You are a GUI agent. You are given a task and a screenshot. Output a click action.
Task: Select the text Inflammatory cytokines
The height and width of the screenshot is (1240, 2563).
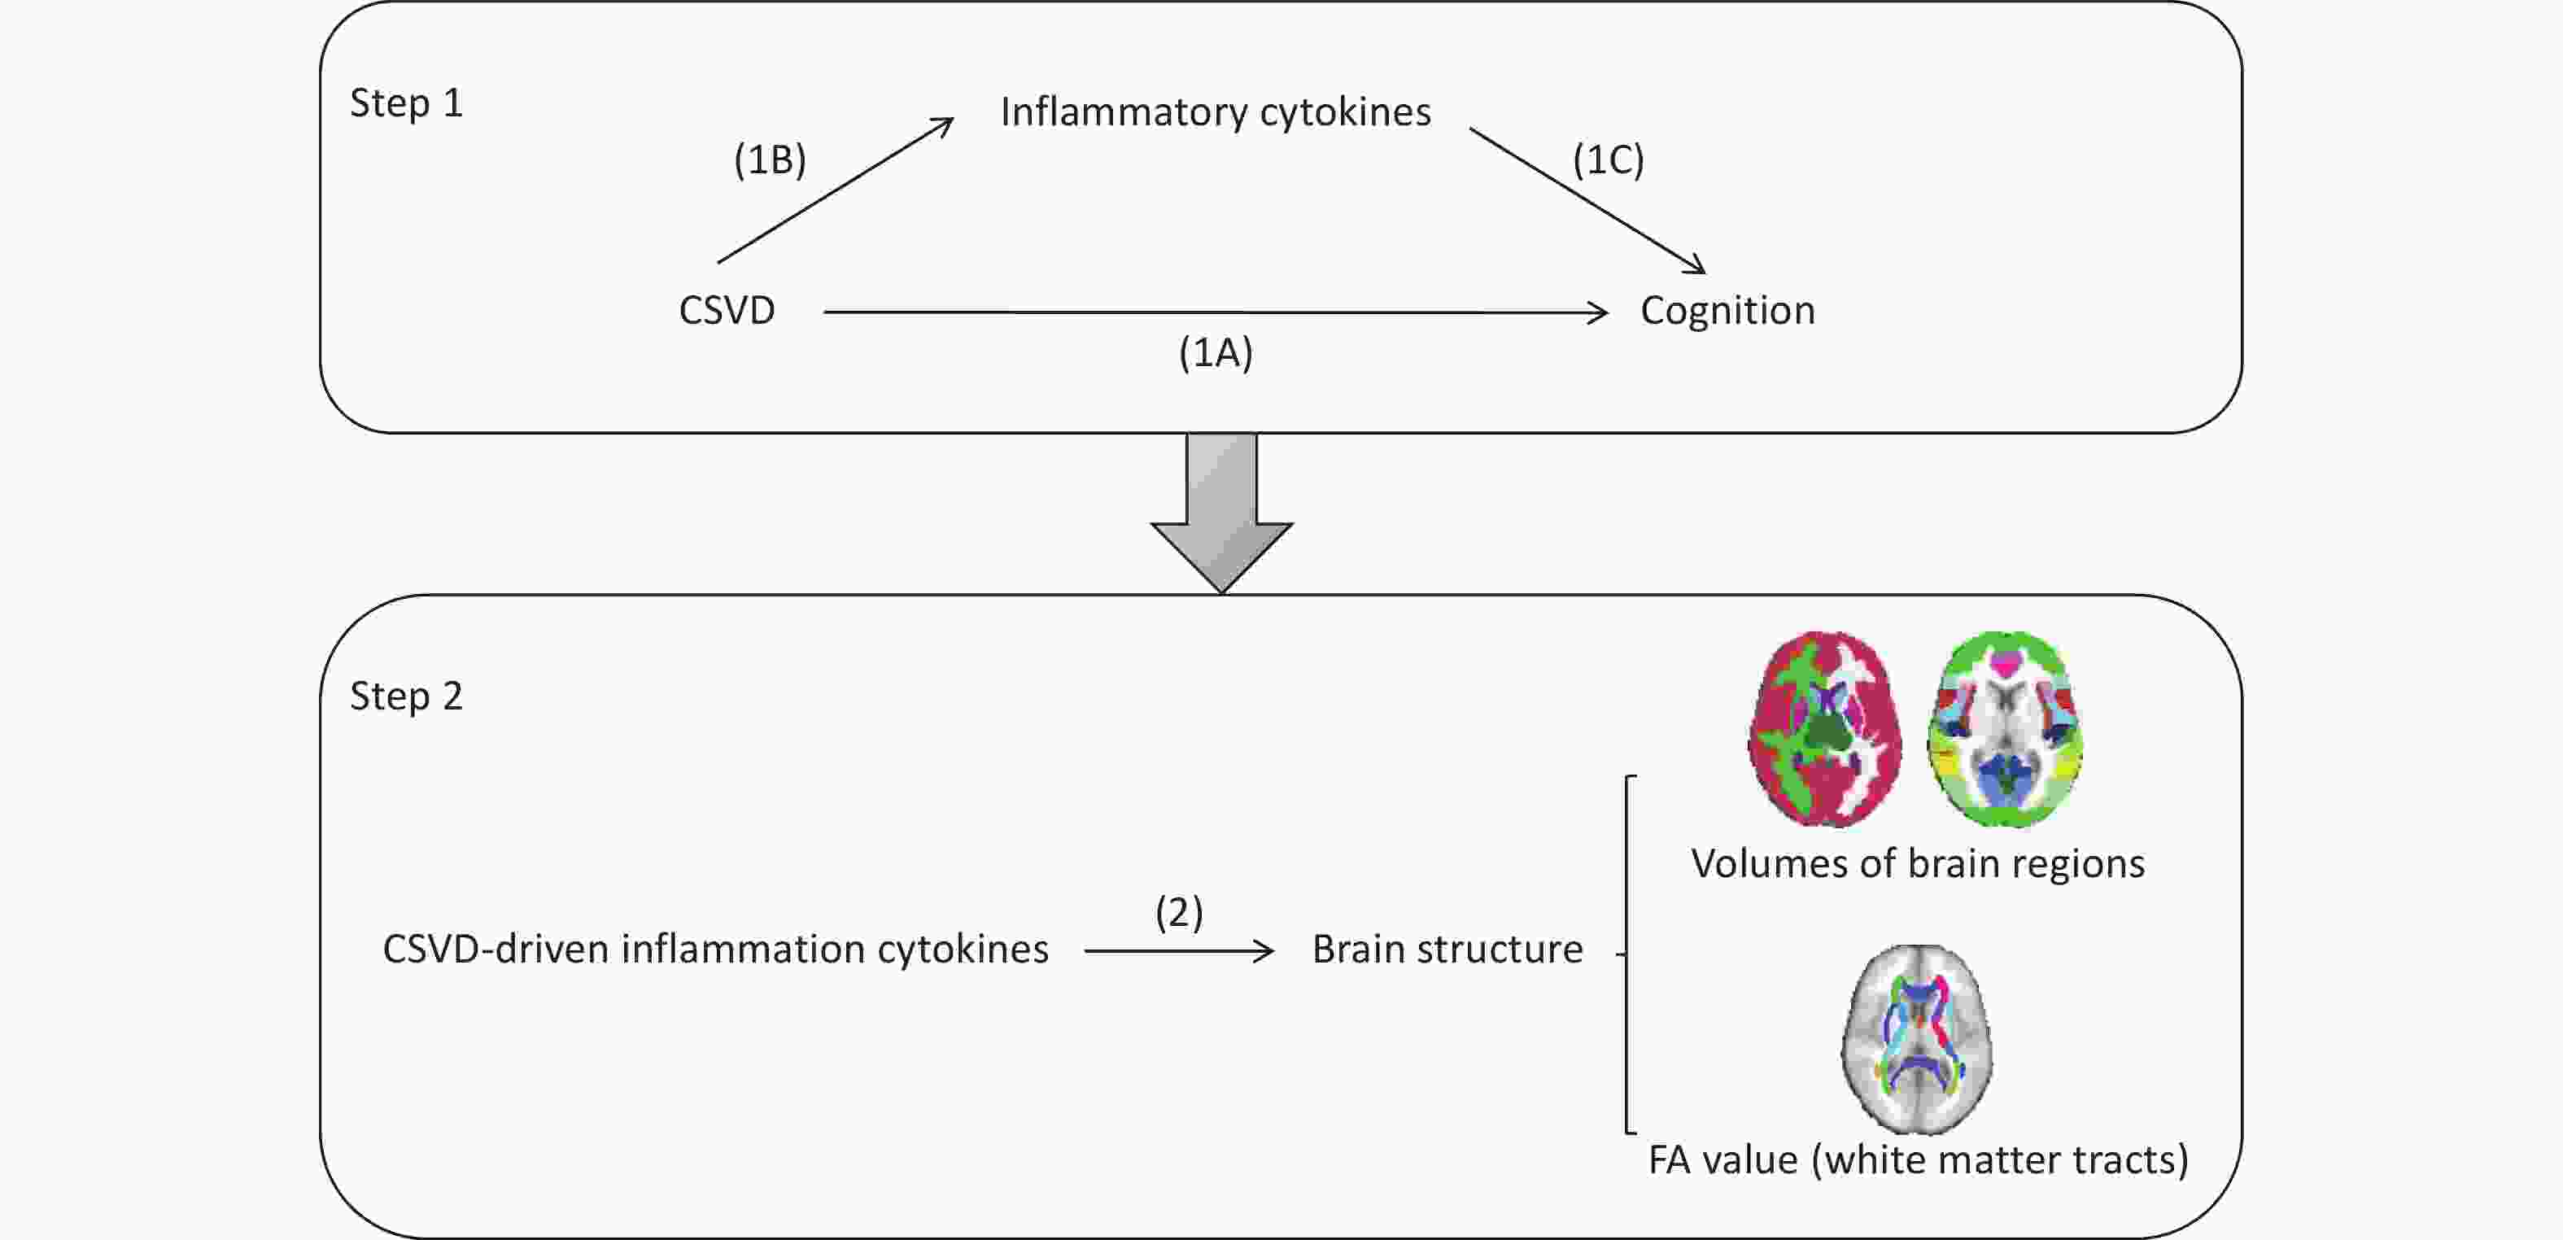coord(1215,112)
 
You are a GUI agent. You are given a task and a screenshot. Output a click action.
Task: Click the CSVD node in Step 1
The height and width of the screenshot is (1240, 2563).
coord(727,311)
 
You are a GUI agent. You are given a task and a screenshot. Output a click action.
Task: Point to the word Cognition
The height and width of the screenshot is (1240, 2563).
coord(1727,312)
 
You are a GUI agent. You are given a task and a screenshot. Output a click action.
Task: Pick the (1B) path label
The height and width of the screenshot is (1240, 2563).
coord(769,159)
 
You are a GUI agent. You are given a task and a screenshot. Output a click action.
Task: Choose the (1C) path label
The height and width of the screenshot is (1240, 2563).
coord(1608,159)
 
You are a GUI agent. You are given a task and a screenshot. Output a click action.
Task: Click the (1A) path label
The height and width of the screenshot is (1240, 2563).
coord(1215,352)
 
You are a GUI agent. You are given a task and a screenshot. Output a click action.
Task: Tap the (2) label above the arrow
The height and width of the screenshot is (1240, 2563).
coord(1179,911)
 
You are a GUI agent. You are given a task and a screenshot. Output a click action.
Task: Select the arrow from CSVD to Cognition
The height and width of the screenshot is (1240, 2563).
coord(1216,312)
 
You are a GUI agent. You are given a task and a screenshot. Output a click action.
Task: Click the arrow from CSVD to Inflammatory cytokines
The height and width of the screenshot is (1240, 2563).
coord(836,190)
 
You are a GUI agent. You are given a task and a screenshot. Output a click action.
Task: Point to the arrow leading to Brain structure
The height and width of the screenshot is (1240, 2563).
coord(1179,951)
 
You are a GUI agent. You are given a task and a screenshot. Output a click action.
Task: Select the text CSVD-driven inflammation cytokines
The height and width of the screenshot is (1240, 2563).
coord(715,950)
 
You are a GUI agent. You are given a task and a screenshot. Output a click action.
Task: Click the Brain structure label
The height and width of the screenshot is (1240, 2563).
coord(1447,950)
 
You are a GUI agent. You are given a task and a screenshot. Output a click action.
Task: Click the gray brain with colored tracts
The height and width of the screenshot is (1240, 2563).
coord(1916,1039)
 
